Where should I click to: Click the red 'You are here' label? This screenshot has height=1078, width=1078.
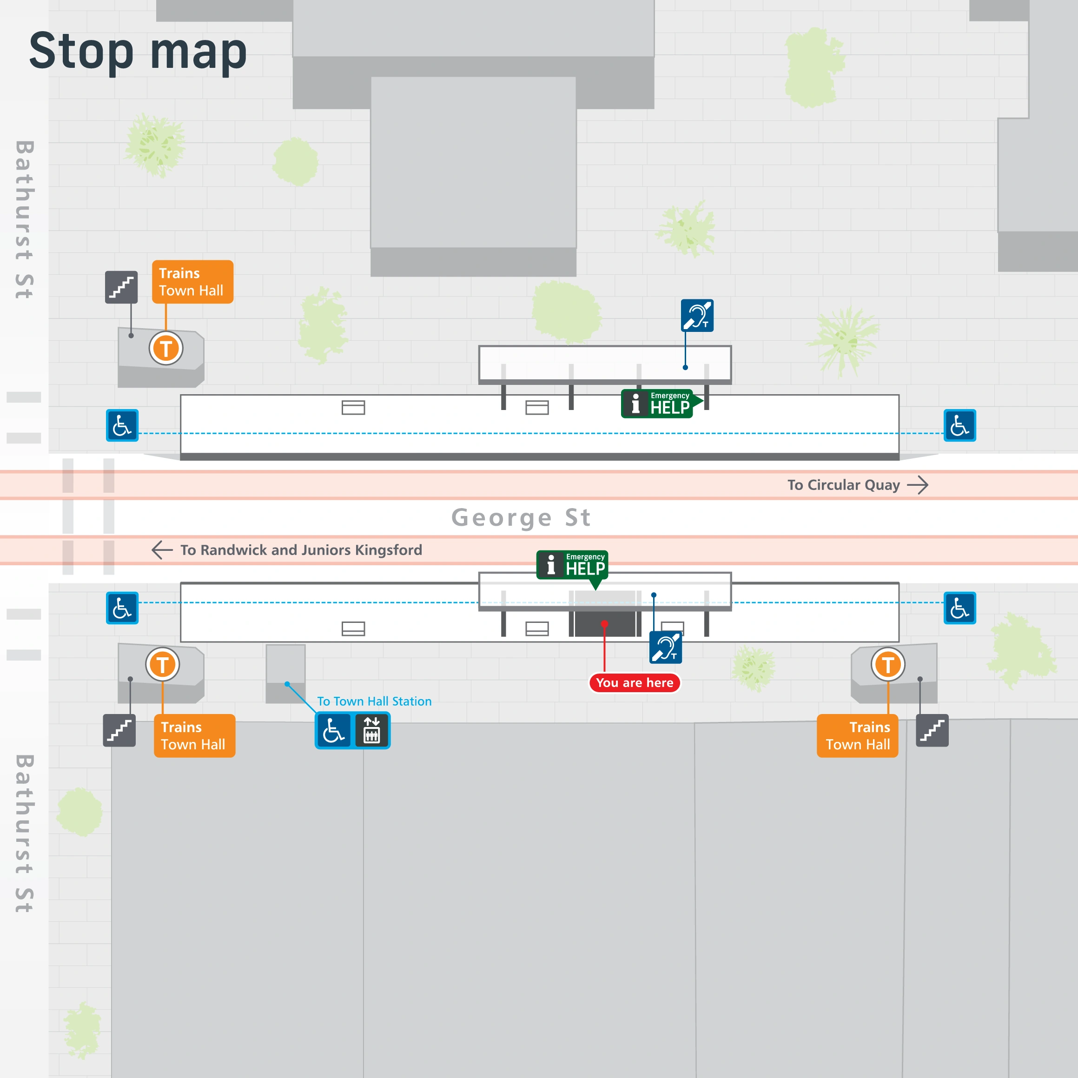635,682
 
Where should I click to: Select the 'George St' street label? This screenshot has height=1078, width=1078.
521,518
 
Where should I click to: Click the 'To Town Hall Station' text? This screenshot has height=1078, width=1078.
374,701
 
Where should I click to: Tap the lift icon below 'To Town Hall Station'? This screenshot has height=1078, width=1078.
371,730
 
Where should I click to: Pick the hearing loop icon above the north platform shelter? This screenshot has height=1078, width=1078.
697,315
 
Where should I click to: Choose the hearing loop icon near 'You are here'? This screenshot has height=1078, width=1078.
665,647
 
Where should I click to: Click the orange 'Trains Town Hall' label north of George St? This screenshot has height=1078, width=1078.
192,282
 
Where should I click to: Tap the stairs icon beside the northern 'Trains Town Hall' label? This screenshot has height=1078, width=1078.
121,287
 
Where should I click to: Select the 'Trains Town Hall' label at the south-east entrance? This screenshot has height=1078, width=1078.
857,735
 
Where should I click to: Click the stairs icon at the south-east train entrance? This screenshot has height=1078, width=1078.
932,730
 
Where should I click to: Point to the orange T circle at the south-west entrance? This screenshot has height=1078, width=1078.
162,665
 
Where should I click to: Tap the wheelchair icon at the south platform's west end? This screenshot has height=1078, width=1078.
122,608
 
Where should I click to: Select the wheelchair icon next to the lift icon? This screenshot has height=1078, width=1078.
334,730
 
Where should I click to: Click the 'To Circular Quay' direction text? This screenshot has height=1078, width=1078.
843,485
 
